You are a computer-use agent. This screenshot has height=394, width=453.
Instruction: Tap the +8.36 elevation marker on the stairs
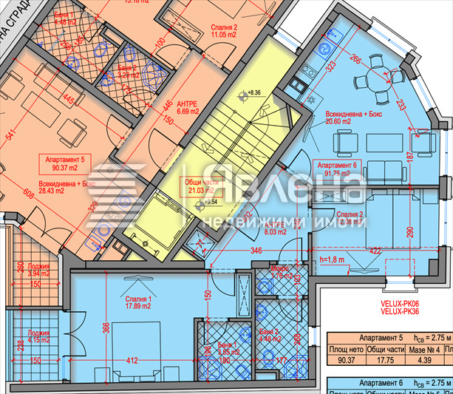254,92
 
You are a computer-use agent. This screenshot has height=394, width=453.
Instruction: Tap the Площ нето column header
347,349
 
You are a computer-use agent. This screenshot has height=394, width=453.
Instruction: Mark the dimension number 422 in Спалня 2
377,251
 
